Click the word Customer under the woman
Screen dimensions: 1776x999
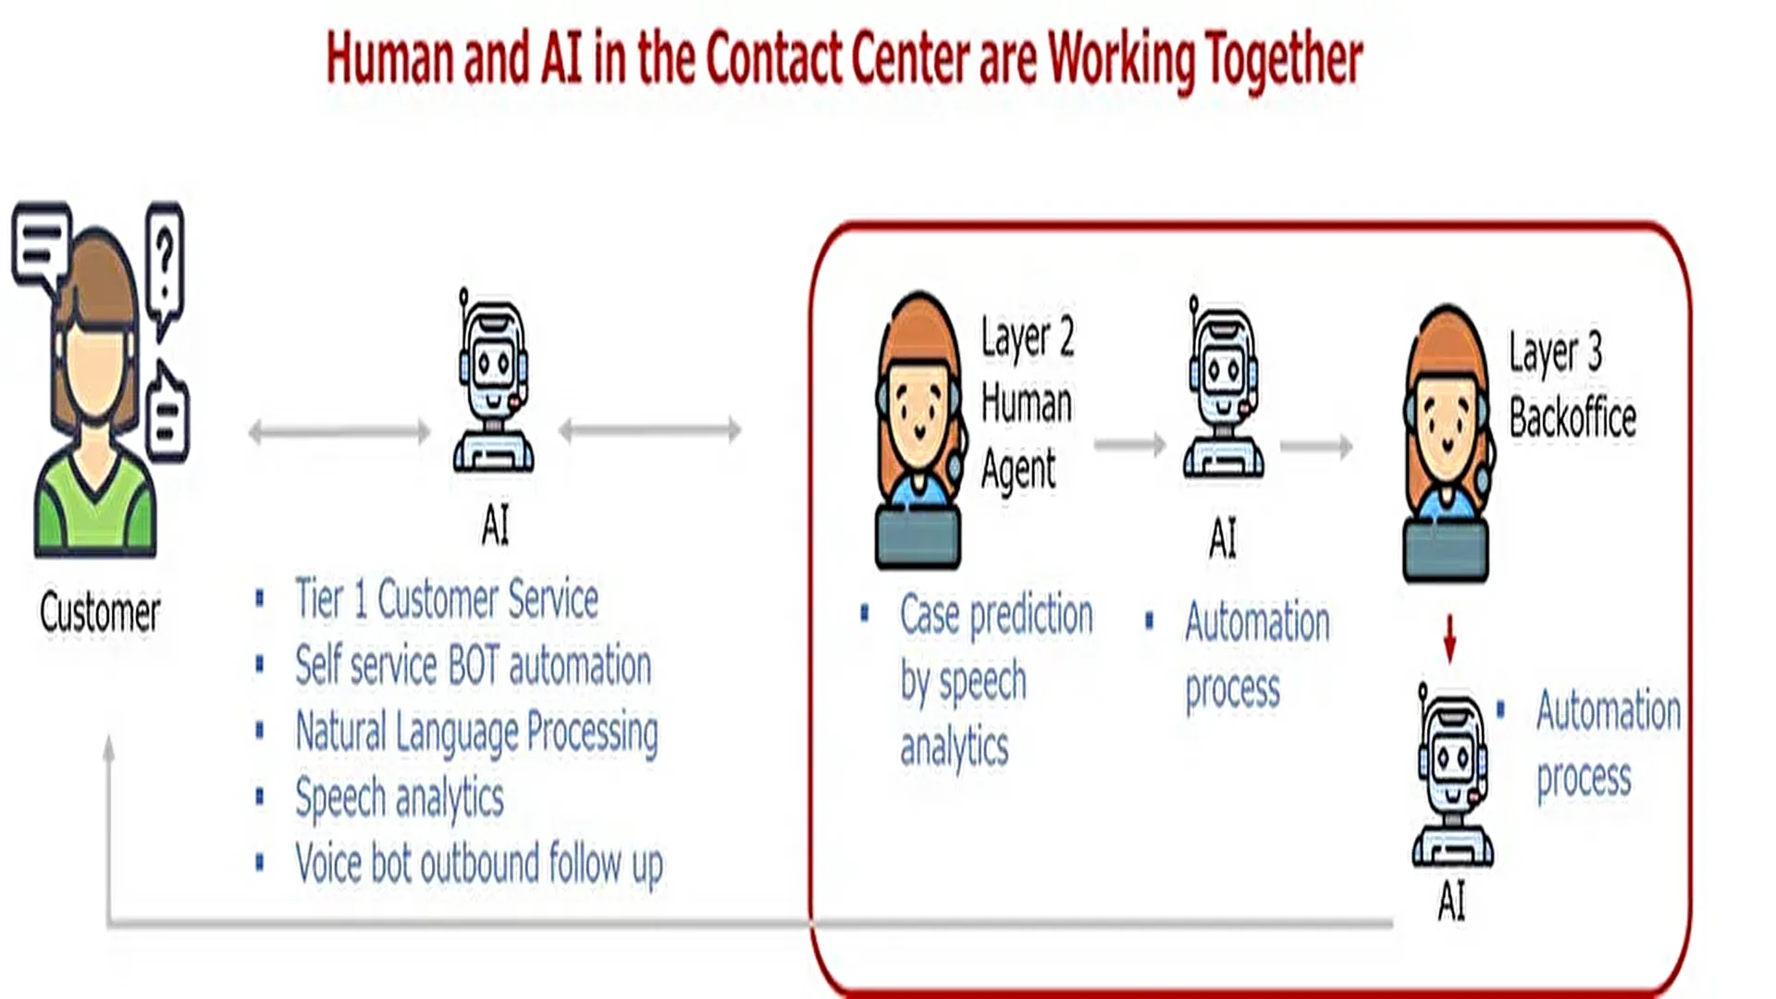100,612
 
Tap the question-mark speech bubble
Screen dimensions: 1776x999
165,268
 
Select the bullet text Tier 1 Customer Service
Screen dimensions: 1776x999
447,598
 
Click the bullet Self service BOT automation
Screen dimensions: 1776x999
474,665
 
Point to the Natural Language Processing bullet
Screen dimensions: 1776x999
477,733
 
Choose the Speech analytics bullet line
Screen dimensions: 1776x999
400,798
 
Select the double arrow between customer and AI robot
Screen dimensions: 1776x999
339,431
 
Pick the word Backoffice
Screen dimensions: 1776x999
1572,417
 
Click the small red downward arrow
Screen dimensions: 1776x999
1449,638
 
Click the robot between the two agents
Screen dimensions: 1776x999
1223,388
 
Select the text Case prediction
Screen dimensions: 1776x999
997,616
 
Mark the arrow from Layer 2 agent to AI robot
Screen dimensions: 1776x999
1130,445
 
